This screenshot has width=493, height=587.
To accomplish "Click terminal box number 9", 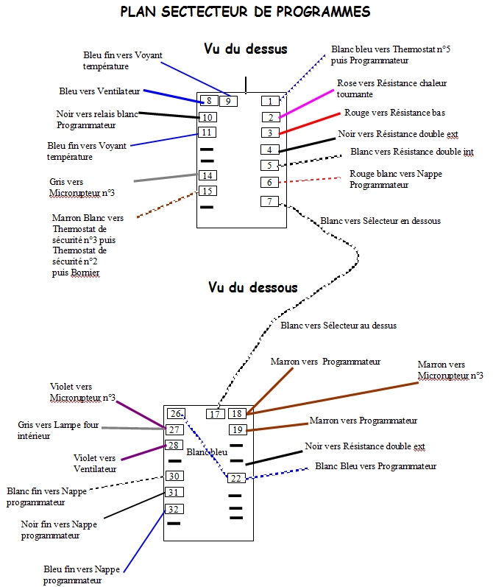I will point(228,101).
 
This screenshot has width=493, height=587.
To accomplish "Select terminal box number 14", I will point(207,175).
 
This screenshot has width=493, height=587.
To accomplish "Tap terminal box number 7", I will point(270,201).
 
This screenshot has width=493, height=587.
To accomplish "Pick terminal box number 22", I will point(235,478).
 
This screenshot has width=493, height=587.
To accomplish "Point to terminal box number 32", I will point(174,509).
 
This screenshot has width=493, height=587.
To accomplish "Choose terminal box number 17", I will point(215,414).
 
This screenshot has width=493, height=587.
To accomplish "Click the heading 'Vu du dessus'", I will point(245,49).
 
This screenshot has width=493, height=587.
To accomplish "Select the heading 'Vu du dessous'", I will point(252,287).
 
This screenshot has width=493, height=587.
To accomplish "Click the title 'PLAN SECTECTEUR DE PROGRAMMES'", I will point(245,13).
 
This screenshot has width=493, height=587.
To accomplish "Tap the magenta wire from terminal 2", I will point(305,105).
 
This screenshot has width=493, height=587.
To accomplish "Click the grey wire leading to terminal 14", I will point(166,177).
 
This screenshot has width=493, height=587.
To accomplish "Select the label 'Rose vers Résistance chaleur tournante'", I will point(391,88).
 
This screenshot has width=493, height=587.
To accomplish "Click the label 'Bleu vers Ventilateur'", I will point(99,91).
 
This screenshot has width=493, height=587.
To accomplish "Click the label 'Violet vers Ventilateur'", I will point(95,463).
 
